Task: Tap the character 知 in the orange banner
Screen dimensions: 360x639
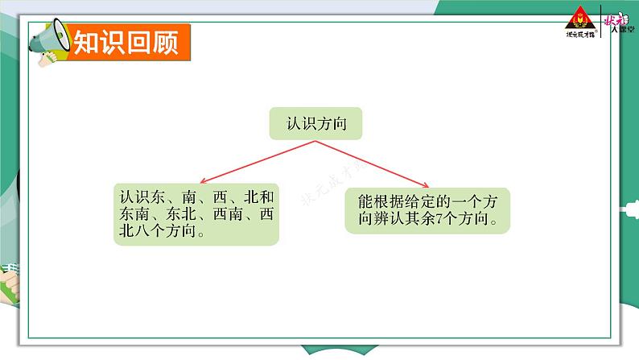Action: pyautogui.click(x=87, y=42)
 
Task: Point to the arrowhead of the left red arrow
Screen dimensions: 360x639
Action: pyautogui.click(x=203, y=181)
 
